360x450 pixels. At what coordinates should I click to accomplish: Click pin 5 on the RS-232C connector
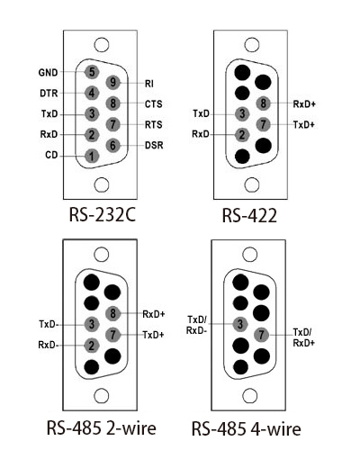click(x=92, y=72)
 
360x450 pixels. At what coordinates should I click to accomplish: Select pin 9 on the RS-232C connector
click(x=112, y=82)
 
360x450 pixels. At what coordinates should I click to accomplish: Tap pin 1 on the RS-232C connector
click(x=92, y=156)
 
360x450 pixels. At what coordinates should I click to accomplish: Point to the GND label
click(x=48, y=73)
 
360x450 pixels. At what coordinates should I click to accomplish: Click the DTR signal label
click(x=49, y=94)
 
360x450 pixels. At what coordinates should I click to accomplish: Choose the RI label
click(x=149, y=84)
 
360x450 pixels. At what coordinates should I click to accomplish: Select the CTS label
click(x=154, y=104)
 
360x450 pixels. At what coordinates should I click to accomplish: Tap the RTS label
click(x=154, y=124)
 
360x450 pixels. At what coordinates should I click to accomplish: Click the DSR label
click(x=154, y=145)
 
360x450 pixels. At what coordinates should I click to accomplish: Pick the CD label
click(x=51, y=155)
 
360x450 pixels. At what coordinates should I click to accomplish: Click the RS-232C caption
click(x=103, y=215)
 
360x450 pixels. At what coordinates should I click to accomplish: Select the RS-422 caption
click(x=249, y=215)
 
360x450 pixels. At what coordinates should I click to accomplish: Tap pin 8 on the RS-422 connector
click(x=263, y=103)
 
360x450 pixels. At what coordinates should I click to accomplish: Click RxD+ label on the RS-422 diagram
click(x=304, y=104)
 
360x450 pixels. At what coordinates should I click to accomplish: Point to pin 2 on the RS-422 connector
click(x=242, y=135)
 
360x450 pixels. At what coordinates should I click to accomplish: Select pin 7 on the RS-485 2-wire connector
click(x=112, y=335)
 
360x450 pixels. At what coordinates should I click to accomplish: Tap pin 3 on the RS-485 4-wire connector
click(x=240, y=324)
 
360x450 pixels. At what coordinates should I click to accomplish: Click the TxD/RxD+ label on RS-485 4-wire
click(x=303, y=337)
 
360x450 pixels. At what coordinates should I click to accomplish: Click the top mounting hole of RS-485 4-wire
click(x=249, y=255)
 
